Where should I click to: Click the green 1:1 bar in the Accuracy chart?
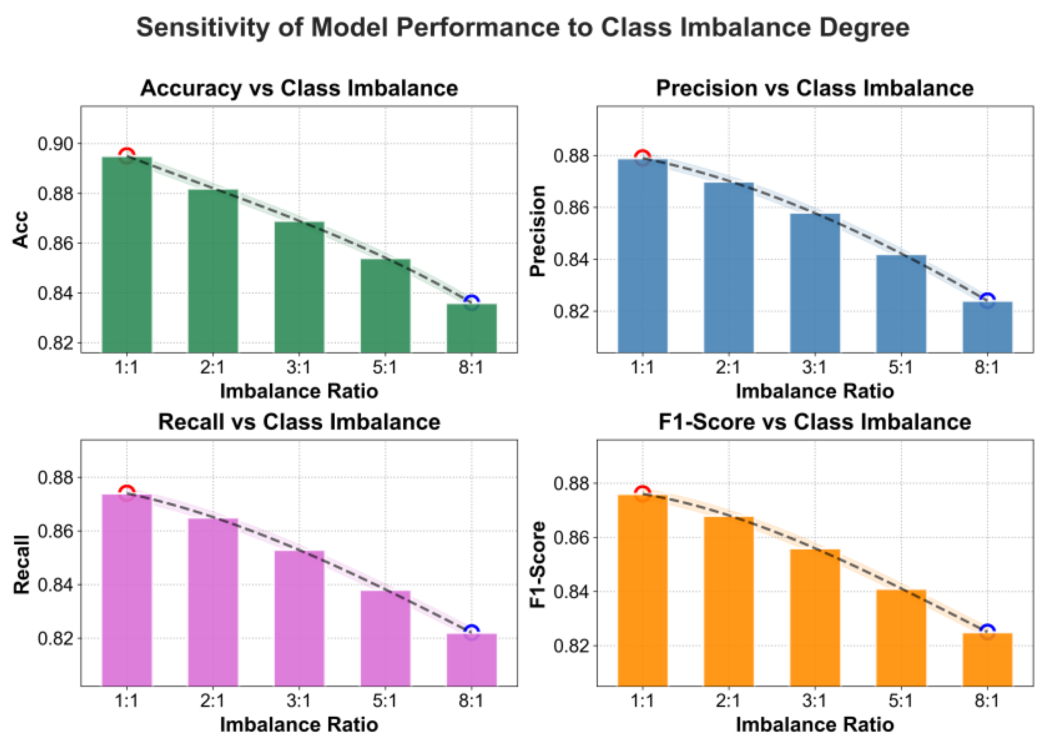click(127, 255)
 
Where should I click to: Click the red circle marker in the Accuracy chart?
click(127, 155)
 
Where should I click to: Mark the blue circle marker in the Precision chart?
click(987, 300)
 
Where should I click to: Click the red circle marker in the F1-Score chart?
click(643, 492)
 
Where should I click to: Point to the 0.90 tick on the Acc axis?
click(55, 144)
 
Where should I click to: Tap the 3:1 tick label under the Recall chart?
click(299, 701)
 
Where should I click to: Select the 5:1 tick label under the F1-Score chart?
click(901, 701)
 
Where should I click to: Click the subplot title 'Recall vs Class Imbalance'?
click(299, 422)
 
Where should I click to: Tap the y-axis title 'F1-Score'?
click(537, 564)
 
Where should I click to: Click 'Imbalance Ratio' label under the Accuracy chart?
click(299, 392)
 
